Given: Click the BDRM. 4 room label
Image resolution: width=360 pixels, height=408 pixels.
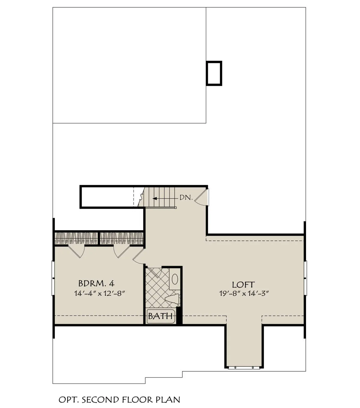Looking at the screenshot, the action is pyautogui.click(x=96, y=283).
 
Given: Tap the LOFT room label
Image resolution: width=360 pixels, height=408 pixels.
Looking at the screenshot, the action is pyautogui.click(x=243, y=285).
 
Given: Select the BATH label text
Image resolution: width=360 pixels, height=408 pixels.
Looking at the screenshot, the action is pyautogui.click(x=160, y=316).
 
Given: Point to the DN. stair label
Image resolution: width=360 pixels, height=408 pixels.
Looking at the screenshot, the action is pyautogui.click(x=186, y=198).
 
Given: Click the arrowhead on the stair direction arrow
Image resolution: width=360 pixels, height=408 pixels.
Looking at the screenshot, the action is pyautogui.click(x=155, y=199).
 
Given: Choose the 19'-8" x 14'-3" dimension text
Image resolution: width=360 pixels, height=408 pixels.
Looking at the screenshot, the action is pyautogui.click(x=244, y=294).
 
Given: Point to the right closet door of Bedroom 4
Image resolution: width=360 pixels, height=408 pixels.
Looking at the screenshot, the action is pyautogui.click(x=121, y=252).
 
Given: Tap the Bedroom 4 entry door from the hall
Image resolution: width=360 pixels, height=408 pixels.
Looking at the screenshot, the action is pyautogui.click(x=138, y=256).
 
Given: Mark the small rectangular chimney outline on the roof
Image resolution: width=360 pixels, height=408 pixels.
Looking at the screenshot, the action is pyautogui.click(x=214, y=73).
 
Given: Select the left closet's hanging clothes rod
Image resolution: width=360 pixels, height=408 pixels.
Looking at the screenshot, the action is pyautogui.click(x=76, y=239).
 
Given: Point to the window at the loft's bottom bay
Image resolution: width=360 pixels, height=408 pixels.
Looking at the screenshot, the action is pyautogui.click(x=244, y=367).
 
